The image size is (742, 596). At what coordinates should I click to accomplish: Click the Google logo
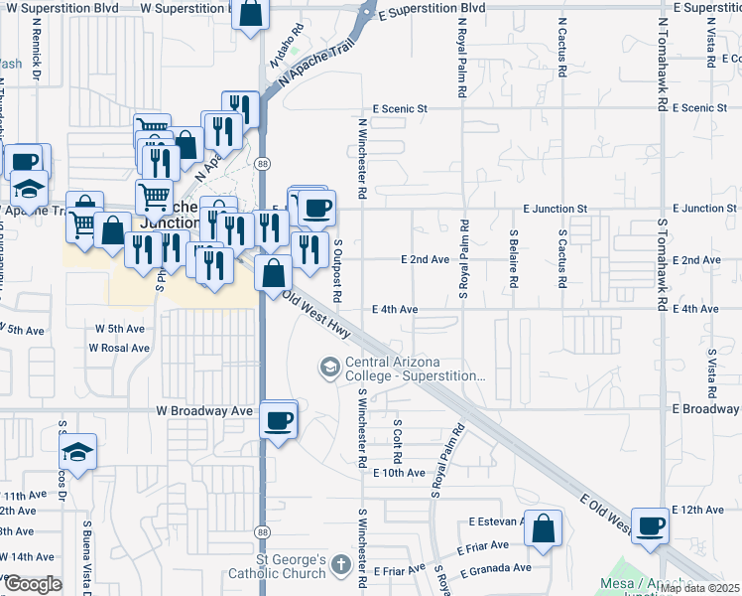pyautogui.click(x=33, y=584)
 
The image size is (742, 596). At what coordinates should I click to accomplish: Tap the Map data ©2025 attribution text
pyautogui.click(x=699, y=588)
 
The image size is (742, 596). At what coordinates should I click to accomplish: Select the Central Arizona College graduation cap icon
pyautogui.click(x=328, y=369)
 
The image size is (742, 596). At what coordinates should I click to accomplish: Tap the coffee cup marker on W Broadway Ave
pyautogui.click(x=279, y=419)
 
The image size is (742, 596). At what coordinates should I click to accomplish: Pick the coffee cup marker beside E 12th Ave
pyautogui.click(x=651, y=525)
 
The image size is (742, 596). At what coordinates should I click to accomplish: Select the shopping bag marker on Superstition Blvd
pyautogui.click(x=252, y=14)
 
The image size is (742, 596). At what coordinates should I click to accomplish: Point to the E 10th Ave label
pyautogui.click(x=399, y=473)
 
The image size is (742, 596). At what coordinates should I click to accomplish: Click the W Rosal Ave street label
pyautogui.click(x=119, y=348)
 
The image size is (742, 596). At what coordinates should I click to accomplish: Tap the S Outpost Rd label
pyautogui.click(x=338, y=269)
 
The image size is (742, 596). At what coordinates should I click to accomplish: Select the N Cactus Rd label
pyautogui.click(x=561, y=51)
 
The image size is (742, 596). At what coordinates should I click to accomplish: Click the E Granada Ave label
pyautogui.click(x=495, y=568)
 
